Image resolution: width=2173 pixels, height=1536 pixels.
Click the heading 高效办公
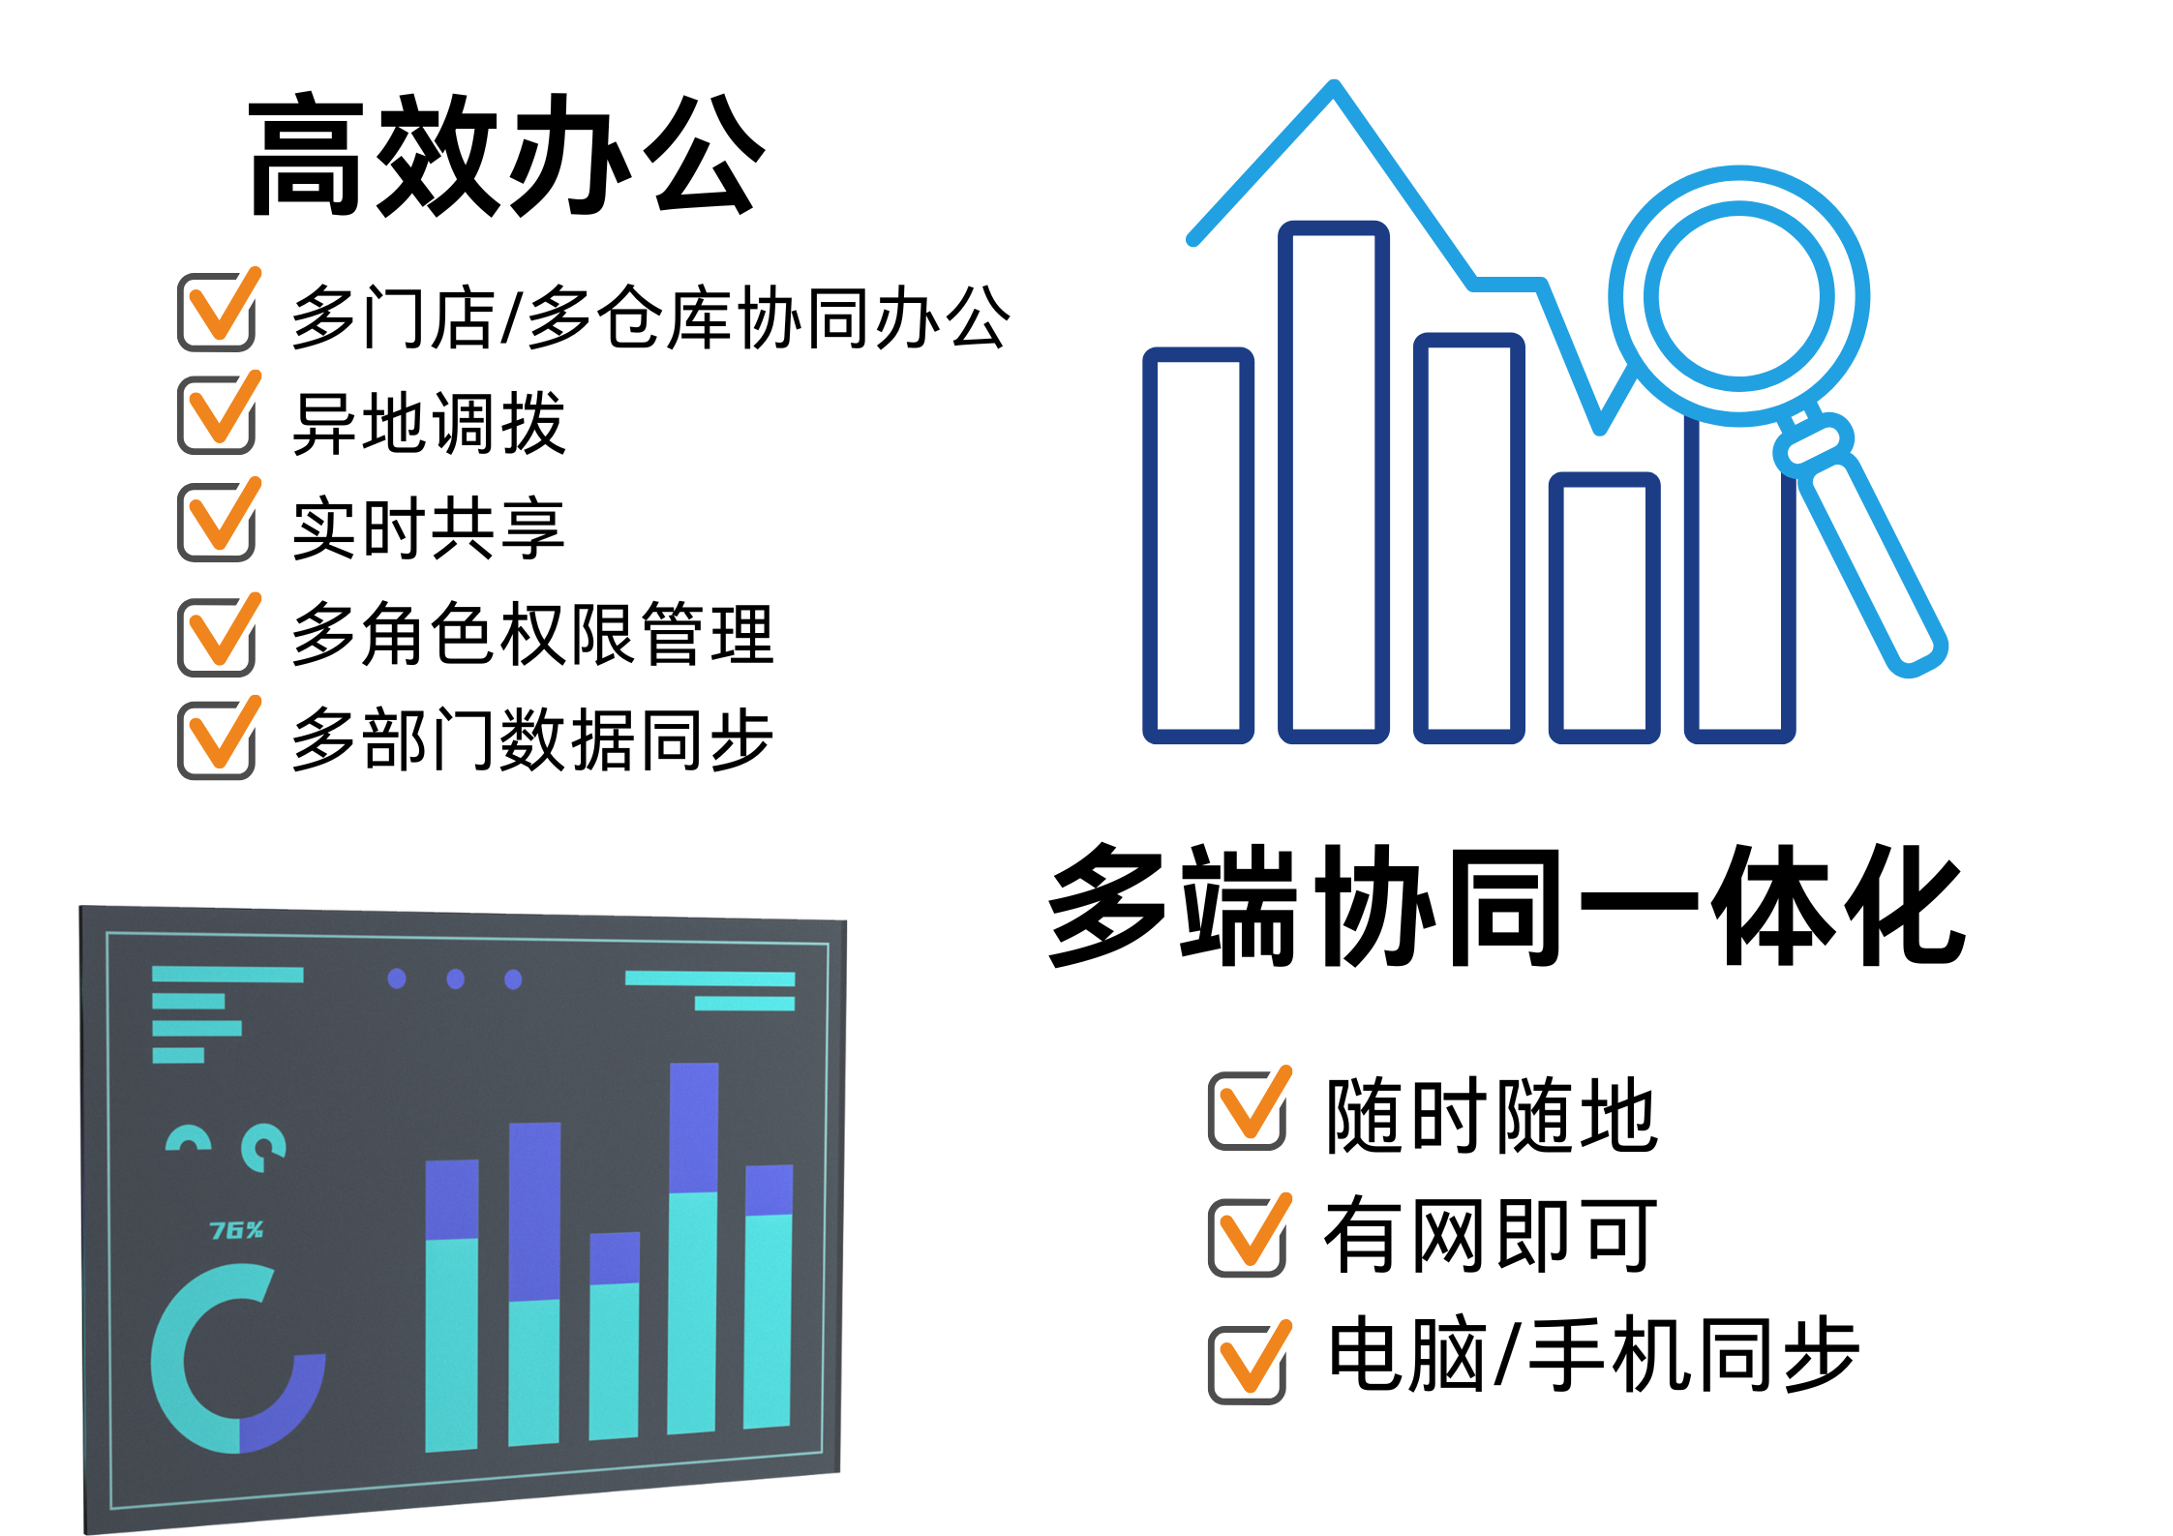point(507,155)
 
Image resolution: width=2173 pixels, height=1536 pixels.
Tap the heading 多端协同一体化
point(1507,905)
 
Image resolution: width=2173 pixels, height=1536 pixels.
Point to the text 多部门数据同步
point(532,739)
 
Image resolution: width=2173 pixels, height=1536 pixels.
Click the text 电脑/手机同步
point(1593,1355)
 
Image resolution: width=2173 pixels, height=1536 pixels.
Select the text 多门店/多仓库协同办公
point(650,316)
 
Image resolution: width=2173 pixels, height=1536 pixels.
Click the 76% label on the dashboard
point(236,1230)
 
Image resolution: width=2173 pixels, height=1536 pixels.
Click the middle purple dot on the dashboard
point(455,979)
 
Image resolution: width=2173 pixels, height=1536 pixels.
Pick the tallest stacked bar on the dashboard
point(693,1248)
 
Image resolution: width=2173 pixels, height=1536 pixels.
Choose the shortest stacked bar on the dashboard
point(615,1336)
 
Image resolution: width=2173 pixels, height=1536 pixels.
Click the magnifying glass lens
point(1739,297)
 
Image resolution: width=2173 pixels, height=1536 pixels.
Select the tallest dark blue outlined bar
point(1334,482)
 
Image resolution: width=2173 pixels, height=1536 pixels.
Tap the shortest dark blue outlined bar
point(1605,608)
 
